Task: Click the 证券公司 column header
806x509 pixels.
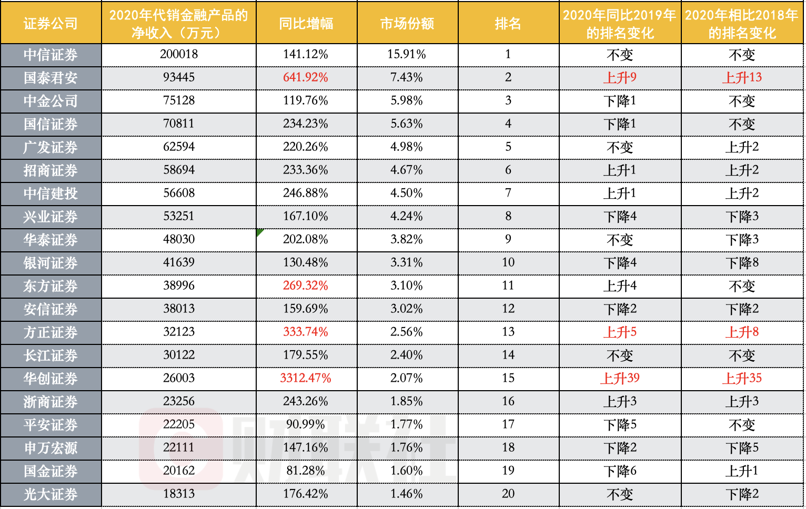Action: (51, 24)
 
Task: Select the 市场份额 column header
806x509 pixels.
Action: (407, 24)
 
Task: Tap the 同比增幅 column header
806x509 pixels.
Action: (306, 24)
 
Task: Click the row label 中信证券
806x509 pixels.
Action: (51, 55)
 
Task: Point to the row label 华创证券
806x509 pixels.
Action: (51, 379)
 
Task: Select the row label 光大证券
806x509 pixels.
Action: (51, 494)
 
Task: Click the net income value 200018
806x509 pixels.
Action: (179, 54)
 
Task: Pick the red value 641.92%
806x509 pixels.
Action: (305, 77)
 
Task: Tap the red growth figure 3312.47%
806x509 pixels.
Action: (305, 378)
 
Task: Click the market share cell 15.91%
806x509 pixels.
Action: (407, 54)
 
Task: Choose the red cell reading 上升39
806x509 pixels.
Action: (620, 379)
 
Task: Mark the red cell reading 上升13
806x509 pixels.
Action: (742, 78)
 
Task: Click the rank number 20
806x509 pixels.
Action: (508, 494)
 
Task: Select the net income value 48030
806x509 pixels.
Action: (179, 239)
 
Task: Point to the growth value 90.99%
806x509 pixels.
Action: (305, 424)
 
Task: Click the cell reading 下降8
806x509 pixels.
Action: (742, 263)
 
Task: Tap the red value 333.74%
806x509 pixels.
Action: (305, 332)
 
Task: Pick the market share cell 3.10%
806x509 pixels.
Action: (407, 286)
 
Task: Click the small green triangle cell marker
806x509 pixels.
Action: (259, 231)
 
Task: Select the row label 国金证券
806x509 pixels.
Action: (51, 471)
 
